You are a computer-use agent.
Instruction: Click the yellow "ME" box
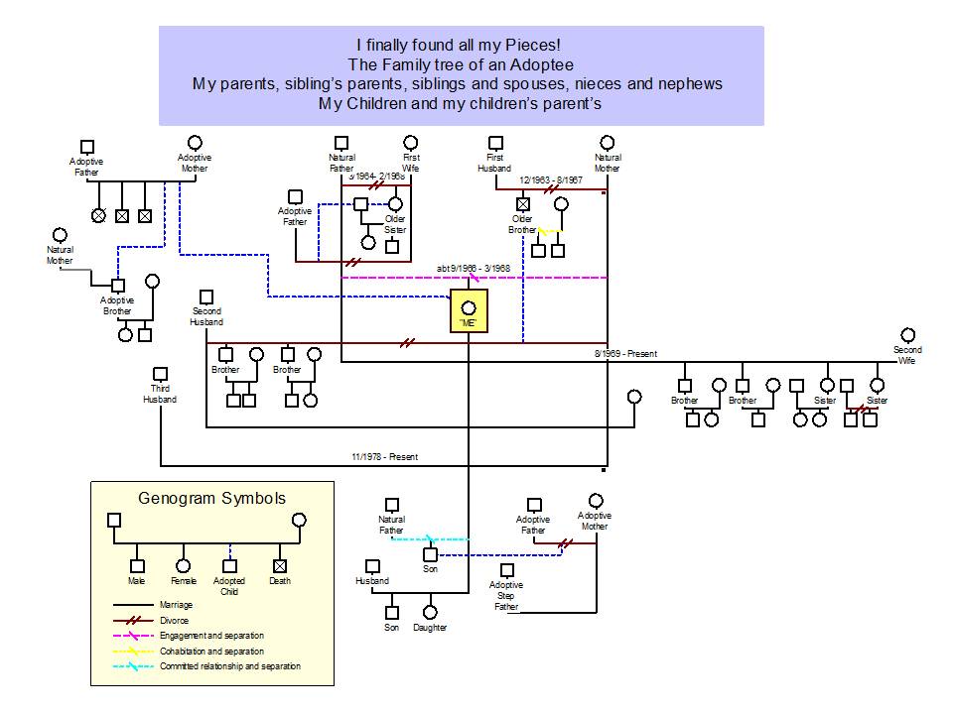click(x=469, y=312)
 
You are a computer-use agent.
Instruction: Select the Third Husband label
click(x=159, y=394)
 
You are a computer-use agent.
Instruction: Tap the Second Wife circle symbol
click(x=906, y=335)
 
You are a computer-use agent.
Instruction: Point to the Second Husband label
click(x=206, y=316)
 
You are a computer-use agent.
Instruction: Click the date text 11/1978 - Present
click(x=384, y=457)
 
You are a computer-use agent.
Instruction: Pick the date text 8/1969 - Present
click(x=625, y=354)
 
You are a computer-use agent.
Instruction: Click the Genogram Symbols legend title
click(x=212, y=499)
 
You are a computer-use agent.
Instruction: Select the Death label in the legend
click(x=280, y=581)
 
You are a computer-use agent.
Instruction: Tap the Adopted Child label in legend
click(x=229, y=585)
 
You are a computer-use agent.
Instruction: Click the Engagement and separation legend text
click(x=211, y=636)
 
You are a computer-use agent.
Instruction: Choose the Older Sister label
click(x=395, y=224)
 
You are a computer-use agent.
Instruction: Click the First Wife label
click(x=411, y=163)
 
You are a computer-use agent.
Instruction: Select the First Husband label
click(x=495, y=163)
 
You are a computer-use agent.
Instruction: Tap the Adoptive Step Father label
click(x=506, y=596)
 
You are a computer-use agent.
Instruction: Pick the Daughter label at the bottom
click(x=430, y=628)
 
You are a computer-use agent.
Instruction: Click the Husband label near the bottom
click(x=372, y=581)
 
